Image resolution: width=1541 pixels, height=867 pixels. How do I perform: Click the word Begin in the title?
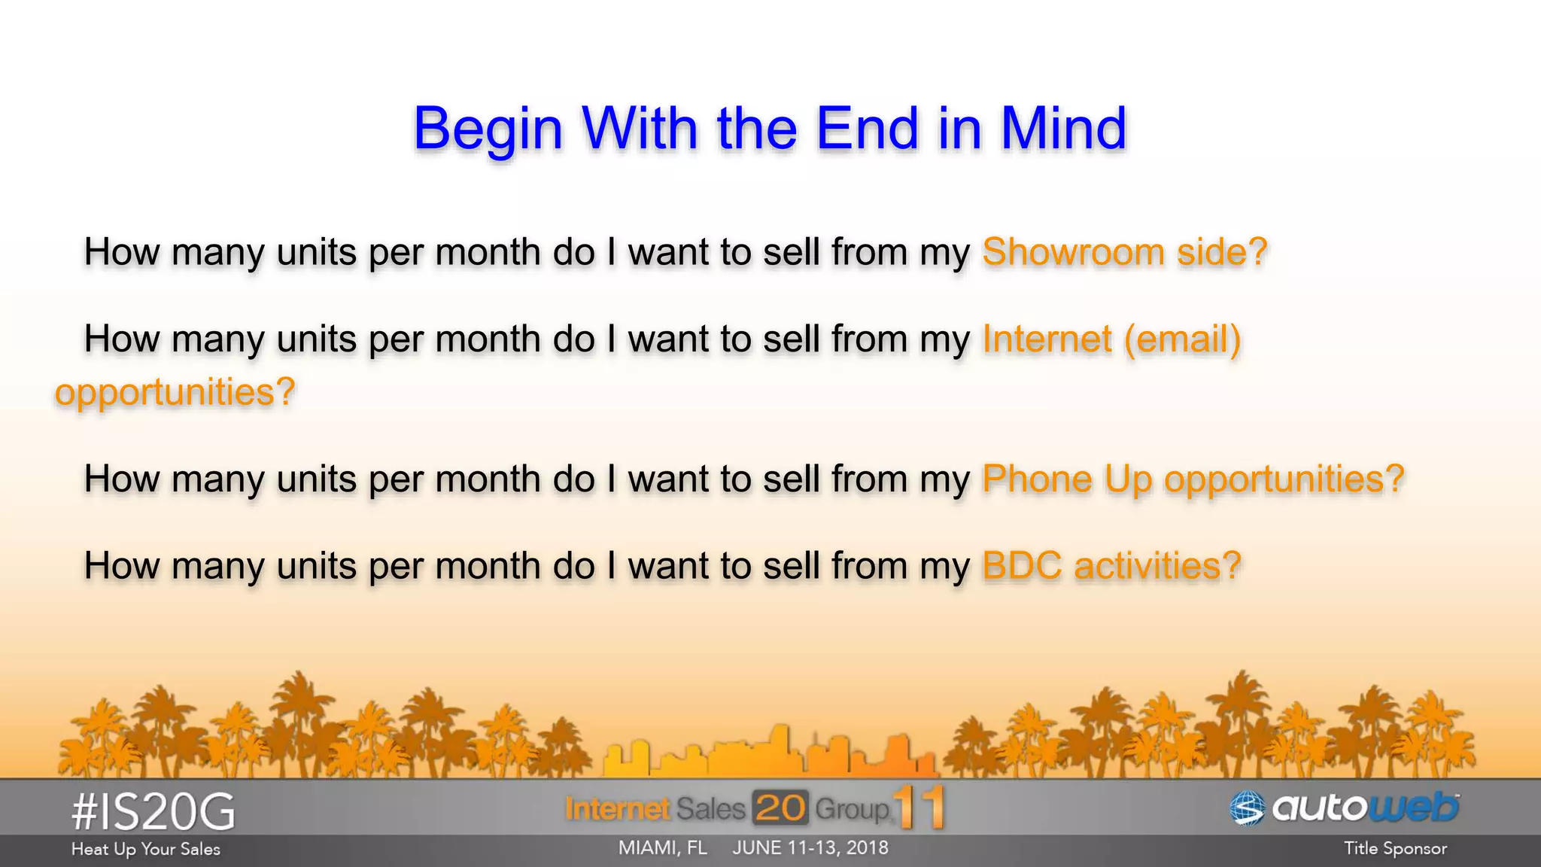point(488,129)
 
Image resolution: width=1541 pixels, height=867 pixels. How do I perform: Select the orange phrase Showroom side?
point(1124,251)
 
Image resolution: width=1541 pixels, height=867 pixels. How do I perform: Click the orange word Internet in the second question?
point(1047,339)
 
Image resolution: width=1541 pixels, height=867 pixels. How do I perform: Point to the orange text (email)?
point(1182,339)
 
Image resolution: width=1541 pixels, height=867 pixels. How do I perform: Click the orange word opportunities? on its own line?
point(175,392)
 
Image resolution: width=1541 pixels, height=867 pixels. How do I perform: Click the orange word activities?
point(1157,565)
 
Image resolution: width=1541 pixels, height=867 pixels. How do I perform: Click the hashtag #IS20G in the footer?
point(153,812)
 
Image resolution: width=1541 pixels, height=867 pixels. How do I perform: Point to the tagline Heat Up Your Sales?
point(145,849)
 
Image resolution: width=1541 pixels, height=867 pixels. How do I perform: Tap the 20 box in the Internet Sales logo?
point(780,808)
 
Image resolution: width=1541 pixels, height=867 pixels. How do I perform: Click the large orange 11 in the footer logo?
point(919,808)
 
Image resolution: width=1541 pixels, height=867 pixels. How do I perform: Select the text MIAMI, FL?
point(662,848)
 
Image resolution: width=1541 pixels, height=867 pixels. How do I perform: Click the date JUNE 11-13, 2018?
point(810,848)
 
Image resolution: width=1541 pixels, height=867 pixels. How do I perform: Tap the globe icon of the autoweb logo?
point(1247,808)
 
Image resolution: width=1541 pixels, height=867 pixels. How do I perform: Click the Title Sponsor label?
point(1395,849)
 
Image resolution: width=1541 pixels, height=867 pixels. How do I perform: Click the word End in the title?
point(867,128)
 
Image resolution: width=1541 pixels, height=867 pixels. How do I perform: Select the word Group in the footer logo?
point(852,809)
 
